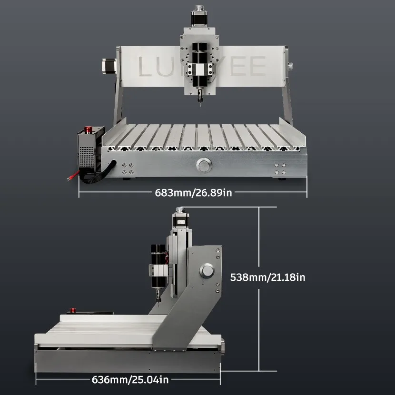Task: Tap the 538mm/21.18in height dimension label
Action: point(267,276)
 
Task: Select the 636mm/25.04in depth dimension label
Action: point(130,379)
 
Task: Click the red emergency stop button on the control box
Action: point(88,129)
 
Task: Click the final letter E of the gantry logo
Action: point(257,66)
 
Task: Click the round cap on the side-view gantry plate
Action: point(207,271)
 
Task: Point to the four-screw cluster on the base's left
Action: point(128,168)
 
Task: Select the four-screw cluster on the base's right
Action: point(280,168)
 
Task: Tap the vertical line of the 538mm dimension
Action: point(259,324)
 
